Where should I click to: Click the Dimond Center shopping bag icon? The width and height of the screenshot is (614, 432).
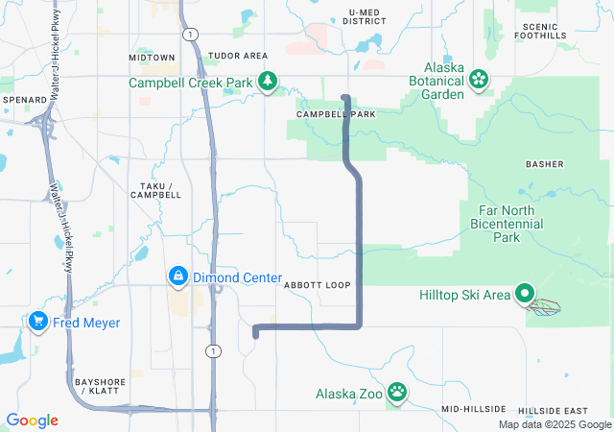click(177, 277)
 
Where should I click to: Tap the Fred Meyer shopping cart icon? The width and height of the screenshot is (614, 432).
click(39, 321)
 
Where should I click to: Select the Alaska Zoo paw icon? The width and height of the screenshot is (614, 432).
click(396, 393)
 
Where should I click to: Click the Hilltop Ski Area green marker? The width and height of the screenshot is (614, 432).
click(525, 295)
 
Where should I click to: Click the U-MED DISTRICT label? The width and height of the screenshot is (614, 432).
click(366, 16)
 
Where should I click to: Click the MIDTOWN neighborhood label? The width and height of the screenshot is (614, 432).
click(152, 58)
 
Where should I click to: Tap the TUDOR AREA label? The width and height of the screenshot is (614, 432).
click(238, 57)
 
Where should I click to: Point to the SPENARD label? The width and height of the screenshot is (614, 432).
click(24, 99)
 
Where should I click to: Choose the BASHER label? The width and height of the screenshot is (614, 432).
click(544, 164)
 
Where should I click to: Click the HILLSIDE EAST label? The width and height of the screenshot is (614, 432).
click(553, 410)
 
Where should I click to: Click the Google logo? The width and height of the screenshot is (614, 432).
click(32, 420)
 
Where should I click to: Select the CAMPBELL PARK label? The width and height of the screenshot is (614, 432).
click(336, 114)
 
